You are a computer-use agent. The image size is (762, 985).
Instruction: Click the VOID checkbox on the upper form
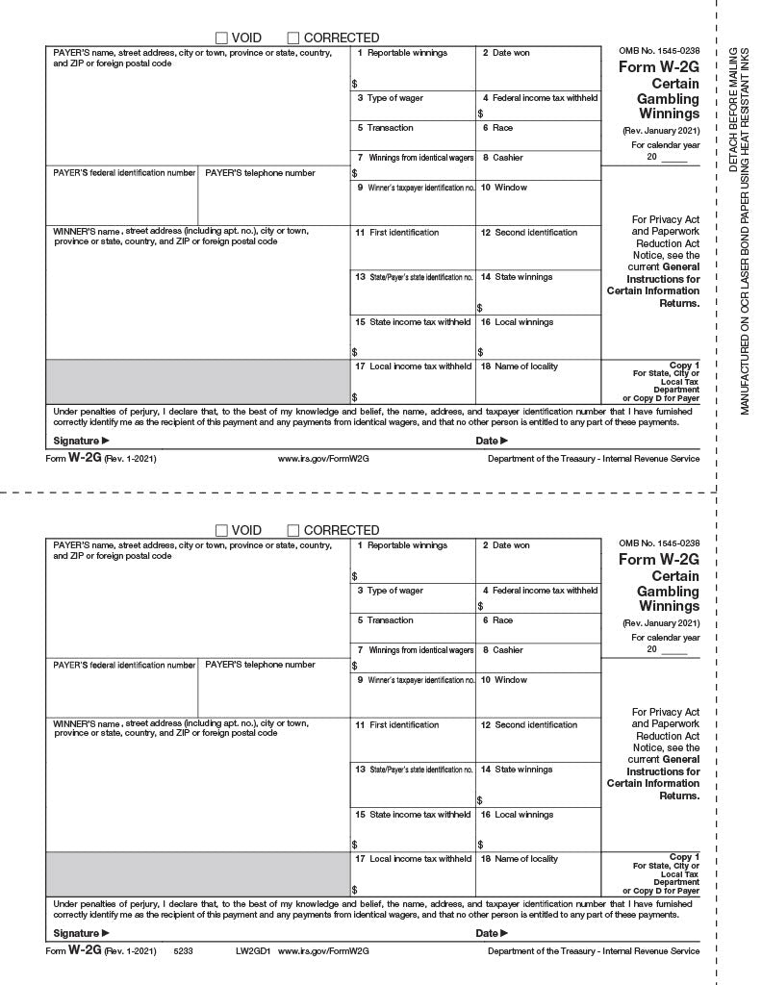click(221, 38)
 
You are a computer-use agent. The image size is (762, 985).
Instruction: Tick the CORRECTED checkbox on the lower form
click(293, 531)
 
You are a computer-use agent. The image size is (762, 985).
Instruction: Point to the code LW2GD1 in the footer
click(249, 951)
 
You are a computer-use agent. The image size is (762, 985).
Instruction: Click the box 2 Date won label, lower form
click(506, 545)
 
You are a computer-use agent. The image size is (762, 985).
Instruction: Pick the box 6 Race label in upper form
click(497, 128)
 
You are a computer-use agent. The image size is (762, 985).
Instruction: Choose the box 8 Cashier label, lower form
click(503, 650)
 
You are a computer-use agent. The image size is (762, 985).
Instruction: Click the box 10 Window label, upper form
click(505, 188)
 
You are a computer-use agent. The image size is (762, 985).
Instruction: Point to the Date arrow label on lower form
click(492, 933)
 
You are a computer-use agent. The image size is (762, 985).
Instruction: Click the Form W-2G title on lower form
click(659, 560)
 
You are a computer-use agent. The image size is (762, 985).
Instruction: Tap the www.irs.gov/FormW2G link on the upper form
click(323, 459)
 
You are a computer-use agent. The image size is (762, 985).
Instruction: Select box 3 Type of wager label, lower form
click(390, 591)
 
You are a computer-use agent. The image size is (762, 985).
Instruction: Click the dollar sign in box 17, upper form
click(354, 396)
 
